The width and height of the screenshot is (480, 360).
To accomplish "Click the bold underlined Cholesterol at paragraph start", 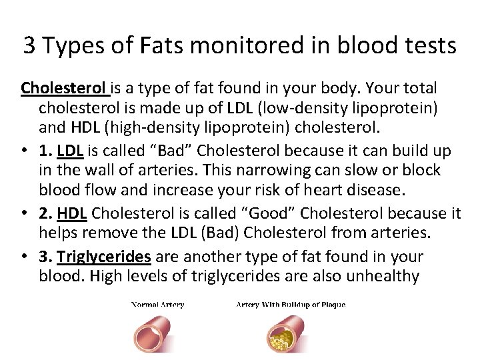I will [x=63, y=88].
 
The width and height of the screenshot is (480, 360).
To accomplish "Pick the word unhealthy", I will [x=377, y=275].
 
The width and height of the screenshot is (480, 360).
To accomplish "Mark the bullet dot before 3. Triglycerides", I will [x=24, y=257].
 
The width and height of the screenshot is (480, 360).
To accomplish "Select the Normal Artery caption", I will [x=157, y=305].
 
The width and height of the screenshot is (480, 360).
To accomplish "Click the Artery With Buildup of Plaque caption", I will [x=291, y=305].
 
